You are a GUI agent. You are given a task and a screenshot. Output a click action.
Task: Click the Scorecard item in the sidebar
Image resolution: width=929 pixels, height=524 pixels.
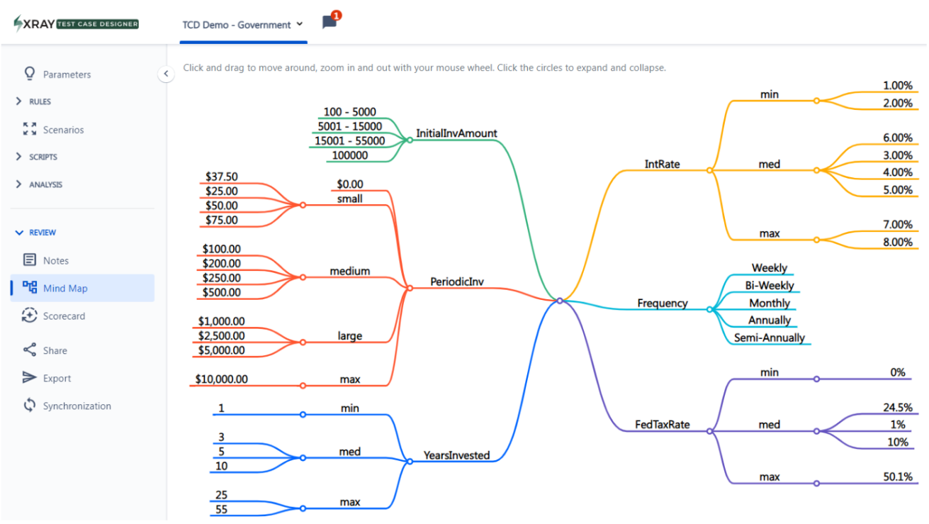[x=64, y=316]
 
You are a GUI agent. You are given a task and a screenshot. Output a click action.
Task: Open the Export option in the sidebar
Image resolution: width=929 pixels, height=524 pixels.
[x=57, y=379]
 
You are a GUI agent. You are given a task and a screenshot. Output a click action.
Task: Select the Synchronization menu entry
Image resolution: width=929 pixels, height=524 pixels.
[x=77, y=406]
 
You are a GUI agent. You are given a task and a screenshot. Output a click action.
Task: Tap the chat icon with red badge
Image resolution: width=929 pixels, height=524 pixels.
[x=330, y=22]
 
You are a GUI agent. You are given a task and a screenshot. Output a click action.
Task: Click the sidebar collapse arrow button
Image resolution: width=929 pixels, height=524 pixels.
[x=166, y=74]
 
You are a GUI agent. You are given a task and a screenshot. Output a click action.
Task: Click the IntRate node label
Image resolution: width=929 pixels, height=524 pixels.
[x=662, y=165]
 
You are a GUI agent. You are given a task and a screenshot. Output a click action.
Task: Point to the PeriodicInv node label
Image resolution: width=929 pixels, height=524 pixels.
[x=457, y=282]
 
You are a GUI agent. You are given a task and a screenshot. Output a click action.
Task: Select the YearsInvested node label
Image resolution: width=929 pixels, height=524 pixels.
[x=456, y=455]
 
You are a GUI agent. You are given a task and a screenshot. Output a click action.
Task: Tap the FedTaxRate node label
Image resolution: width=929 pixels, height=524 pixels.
[x=663, y=425]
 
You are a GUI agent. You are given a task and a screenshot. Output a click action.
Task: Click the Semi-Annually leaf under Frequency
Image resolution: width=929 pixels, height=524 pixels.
[x=769, y=338]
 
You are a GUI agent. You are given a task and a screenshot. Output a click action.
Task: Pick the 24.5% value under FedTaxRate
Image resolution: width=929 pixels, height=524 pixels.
[x=897, y=408]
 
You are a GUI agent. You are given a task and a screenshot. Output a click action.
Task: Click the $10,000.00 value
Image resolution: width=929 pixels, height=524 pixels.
[x=222, y=379]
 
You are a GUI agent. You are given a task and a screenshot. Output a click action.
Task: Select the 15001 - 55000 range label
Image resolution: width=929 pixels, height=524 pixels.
[x=350, y=141]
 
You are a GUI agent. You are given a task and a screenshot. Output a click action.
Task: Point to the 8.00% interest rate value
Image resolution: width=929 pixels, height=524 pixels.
[x=897, y=243]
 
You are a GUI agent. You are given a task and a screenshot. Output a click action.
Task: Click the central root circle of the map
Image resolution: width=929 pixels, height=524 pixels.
[x=560, y=301]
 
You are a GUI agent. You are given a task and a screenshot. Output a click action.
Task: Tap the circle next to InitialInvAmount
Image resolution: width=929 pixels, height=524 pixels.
[x=410, y=140]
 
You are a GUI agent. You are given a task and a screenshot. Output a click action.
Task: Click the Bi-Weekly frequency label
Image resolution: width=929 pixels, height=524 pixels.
[x=770, y=286]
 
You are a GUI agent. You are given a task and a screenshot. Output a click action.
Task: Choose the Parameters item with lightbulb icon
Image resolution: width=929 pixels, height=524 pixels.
[x=67, y=74]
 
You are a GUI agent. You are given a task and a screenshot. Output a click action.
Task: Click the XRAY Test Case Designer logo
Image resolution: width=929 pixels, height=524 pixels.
[x=77, y=23]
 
